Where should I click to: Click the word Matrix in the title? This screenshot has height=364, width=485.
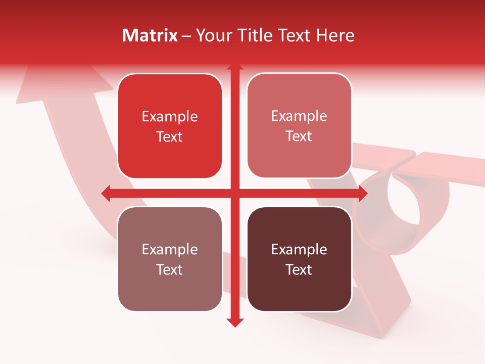click(150, 35)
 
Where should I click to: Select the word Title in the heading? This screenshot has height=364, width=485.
click(257, 35)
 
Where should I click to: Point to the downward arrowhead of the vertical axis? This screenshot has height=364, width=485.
click(234, 322)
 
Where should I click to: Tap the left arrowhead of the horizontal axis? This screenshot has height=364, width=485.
click(106, 193)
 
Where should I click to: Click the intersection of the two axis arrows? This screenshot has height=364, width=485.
click(234, 193)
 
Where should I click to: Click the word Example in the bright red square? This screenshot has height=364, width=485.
click(170, 117)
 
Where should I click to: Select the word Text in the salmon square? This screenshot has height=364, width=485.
click(299, 136)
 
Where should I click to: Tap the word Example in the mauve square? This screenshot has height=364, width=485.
click(170, 250)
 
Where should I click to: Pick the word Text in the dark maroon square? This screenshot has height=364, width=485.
click(299, 269)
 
